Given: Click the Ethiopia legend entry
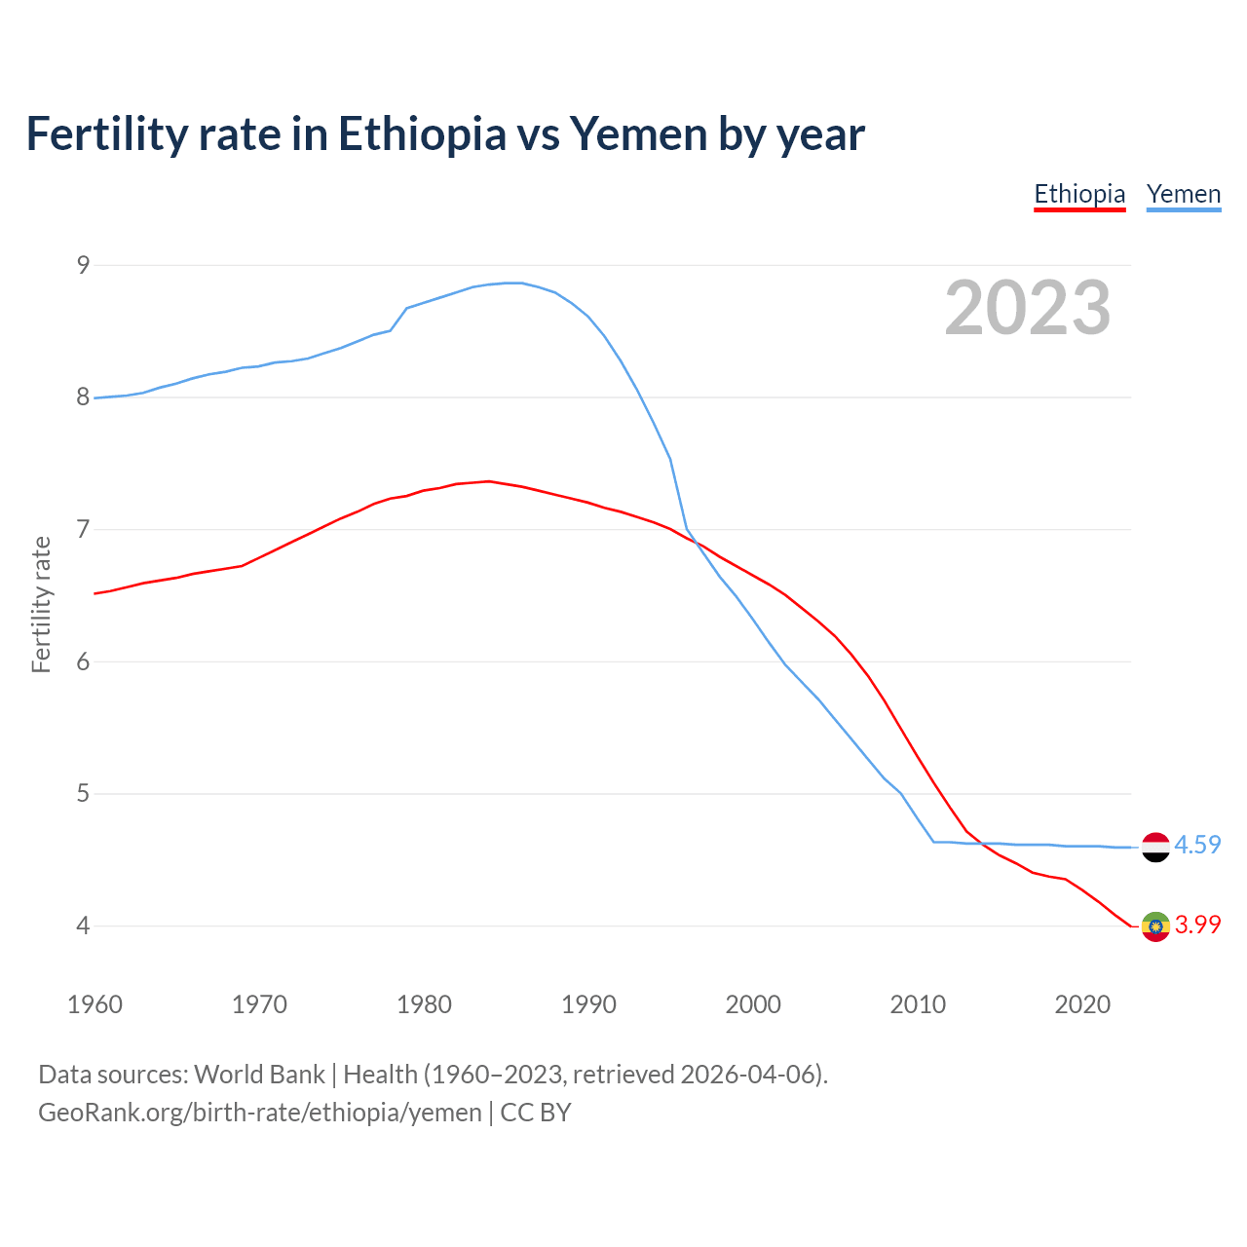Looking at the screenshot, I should pyautogui.click(x=1079, y=194).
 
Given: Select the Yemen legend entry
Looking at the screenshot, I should pyautogui.click(x=1183, y=194).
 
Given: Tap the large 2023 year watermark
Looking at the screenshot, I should pyautogui.click(x=1027, y=308).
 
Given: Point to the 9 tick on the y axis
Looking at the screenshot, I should pyautogui.click(x=83, y=265).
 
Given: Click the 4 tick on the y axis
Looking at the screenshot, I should pyautogui.click(x=83, y=926).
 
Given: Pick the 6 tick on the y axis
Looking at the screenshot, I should pyautogui.click(x=83, y=661).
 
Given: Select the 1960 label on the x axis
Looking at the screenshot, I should pyautogui.click(x=94, y=1004).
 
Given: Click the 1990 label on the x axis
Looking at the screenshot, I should pyautogui.click(x=588, y=1004).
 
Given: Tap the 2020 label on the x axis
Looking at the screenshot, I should pyautogui.click(x=1082, y=1004).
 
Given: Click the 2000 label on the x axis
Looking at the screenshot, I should pyautogui.click(x=753, y=1004).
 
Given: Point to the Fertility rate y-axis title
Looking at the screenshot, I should pyautogui.click(x=41, y=604).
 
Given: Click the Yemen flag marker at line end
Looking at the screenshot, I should pyautogui.click(x=1155, y=847).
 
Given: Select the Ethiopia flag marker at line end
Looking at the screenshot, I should pyautogui.click(x=1155, y=926).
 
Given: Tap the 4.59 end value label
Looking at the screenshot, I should pyautogui.click(x=1197, y=845).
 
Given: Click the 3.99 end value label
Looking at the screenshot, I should pyautogui.click(x=1197, y=925).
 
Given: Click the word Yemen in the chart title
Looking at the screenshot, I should pyautogui.click(x=638, y=134).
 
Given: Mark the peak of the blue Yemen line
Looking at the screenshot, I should pyautogui.click(x=514, y=283).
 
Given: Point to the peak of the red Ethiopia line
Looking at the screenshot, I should pyautogui.click(x=488, y=481).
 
